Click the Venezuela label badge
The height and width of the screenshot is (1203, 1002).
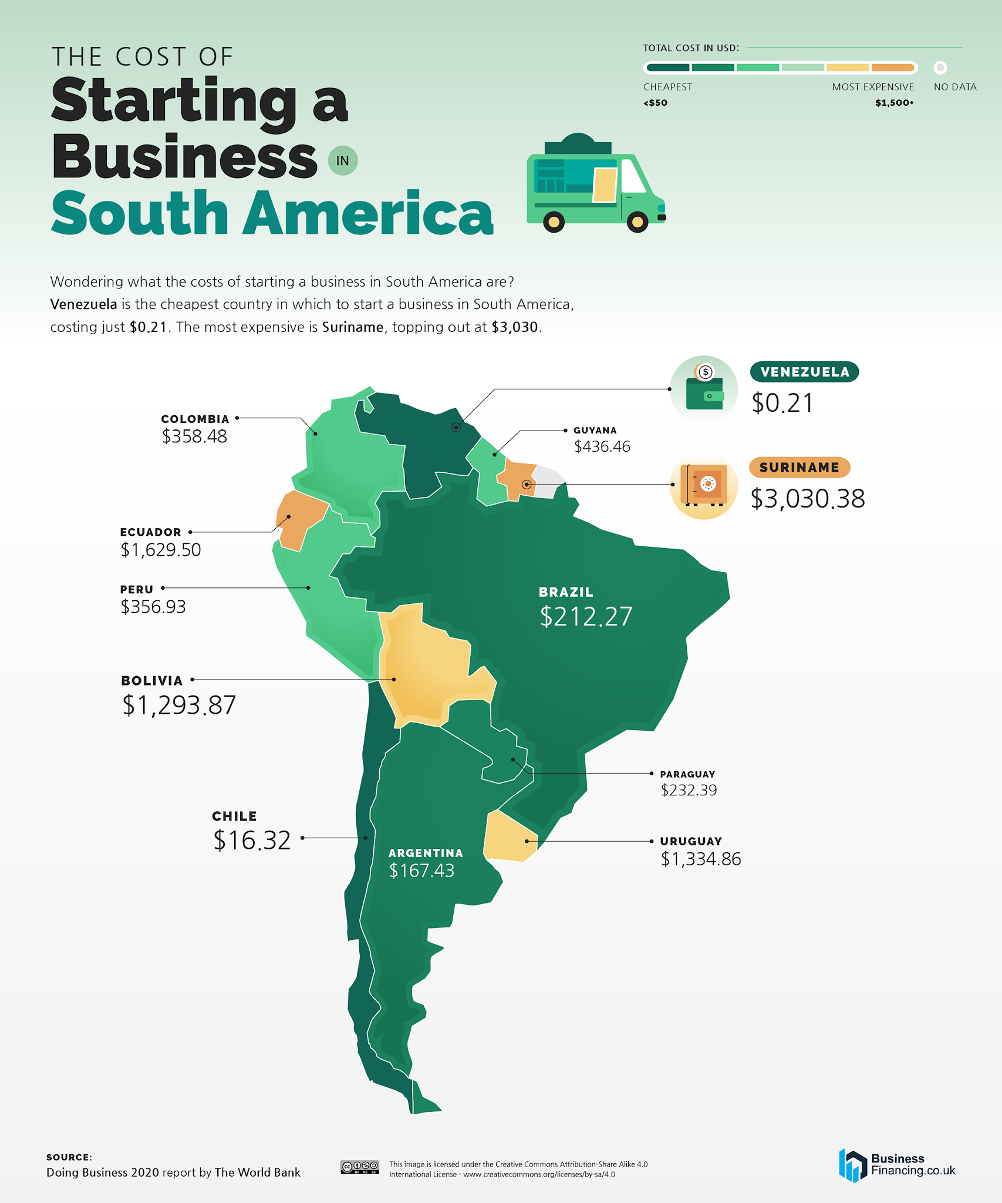click(x=804, y=372)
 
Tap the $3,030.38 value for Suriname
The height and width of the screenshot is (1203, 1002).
click(x=807, y=499)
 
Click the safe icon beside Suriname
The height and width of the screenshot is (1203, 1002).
click(x=704, y=485)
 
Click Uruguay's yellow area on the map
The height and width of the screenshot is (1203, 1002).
click(x=508, y=838)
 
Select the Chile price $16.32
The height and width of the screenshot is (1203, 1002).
click(x=252, y=841)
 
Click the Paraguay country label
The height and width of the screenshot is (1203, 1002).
click(x=687, y=774)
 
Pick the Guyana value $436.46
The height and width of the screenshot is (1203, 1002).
click(x=602, y=447)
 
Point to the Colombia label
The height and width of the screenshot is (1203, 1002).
click(x=195, y=419)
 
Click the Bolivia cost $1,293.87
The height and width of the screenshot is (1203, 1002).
click(x=179, y=705)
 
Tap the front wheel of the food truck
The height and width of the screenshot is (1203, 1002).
click(x=637, y=221)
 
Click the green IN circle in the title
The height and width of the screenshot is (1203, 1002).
click(x=343, y=160)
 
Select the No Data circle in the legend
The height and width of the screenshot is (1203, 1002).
click(x=940, y=68)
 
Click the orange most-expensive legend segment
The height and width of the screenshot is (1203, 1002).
click(x=892, y=68)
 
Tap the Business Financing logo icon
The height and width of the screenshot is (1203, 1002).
click(x=852, y=1165)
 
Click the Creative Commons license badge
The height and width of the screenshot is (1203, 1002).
click(x=359, y=1167)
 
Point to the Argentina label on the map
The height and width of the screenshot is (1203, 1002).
click(x=426, y=853)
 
